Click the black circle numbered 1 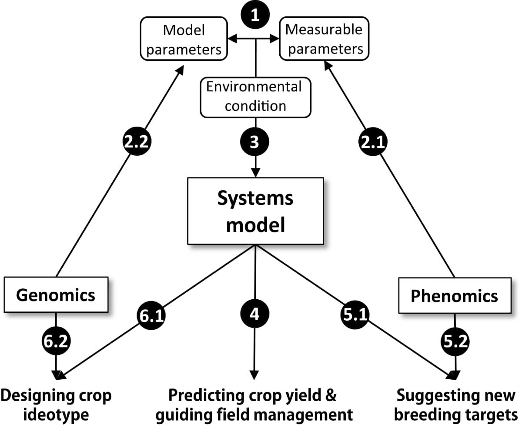(x=255, y=17)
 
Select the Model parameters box (x=184, y=40)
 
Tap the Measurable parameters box (x=324, y=39)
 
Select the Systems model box (x=255, y=211)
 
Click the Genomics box (x=56, y=295)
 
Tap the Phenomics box (x=454, y=296)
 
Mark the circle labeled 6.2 (x=56, y=341)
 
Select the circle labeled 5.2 (x=455, y=341)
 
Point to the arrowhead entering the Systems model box (x=255, y=172)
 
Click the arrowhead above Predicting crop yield (x=255, y=375)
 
